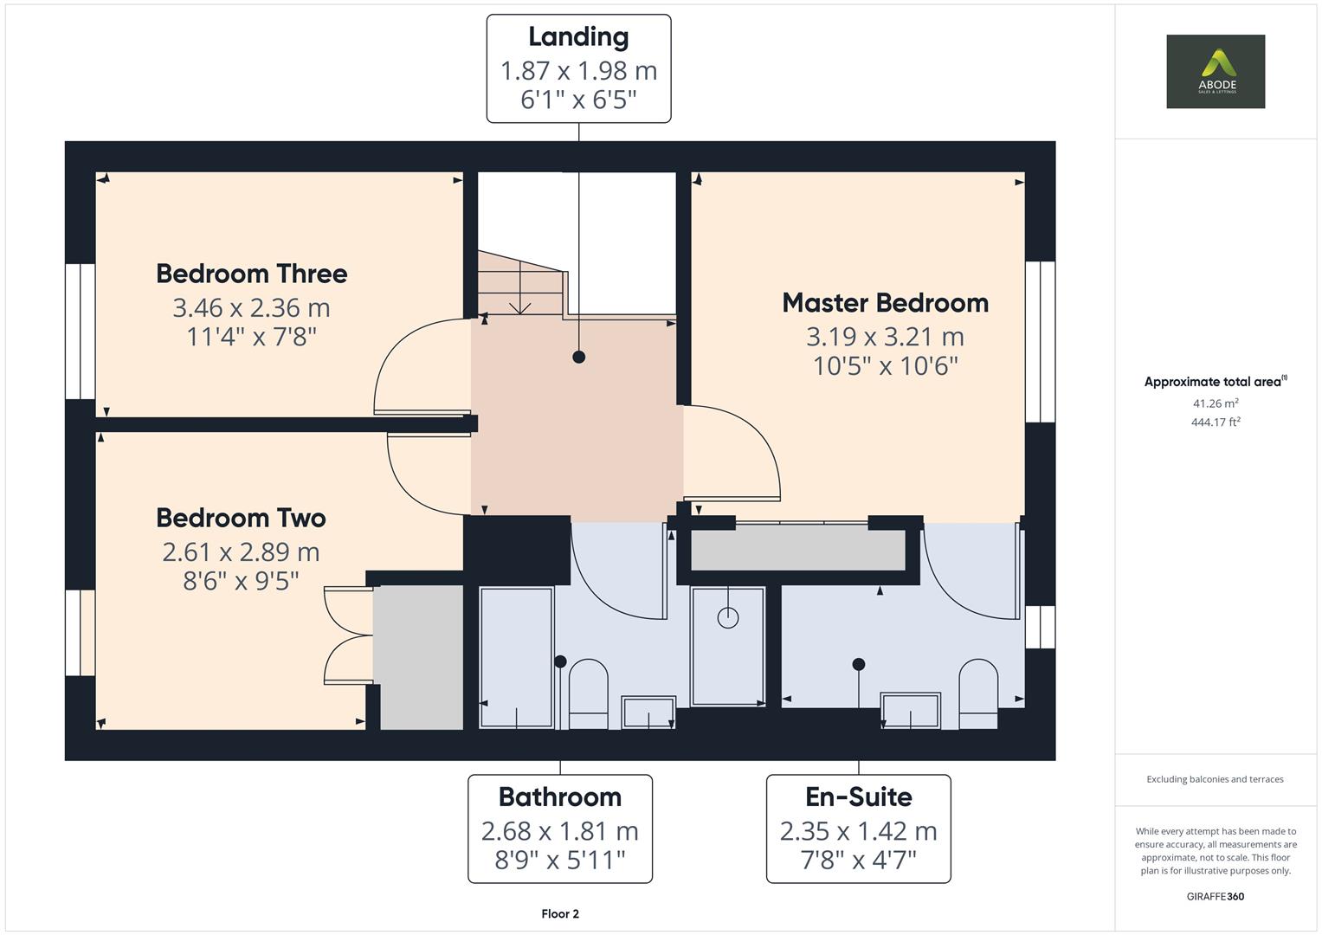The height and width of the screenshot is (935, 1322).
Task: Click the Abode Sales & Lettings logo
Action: pyautogui.click(x=1215, y=72)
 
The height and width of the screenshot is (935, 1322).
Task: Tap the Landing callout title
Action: pyautogui.click(x=578, y=37)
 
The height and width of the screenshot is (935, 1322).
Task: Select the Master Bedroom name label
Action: pyautogui.click(x=885, y=303)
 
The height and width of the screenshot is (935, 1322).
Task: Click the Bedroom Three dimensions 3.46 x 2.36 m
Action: pyautogui.click(x=251, y=307)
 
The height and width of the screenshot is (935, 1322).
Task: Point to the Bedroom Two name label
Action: pyautogui.click(x=241, y=518)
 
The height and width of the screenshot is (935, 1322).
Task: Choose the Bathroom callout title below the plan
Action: pyautogui.click(x=559, y=796)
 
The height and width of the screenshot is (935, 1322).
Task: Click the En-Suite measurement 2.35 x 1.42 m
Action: pyautogui.click(x=858, y=831)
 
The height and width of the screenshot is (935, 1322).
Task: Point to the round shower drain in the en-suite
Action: pyautogui.click(x=728, y=617)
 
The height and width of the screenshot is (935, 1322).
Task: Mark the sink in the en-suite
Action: pyautogui.click(x=910, y=711)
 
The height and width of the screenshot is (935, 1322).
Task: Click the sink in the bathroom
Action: pyautogui.click(x=648, y=713)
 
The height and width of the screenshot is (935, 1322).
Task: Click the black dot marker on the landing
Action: pyautogui.click(x=578, y=357)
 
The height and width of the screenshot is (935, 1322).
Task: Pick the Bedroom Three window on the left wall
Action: pyautogui.click(x=81, y=332)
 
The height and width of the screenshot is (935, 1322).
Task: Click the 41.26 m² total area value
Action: pyautogui.click(x=1215, y=403)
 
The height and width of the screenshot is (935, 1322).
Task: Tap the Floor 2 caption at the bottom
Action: pyautogui.click(x=559, y=913)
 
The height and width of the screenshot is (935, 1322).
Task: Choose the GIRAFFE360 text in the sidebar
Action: pyautogui.click(x=1215, y=896)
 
